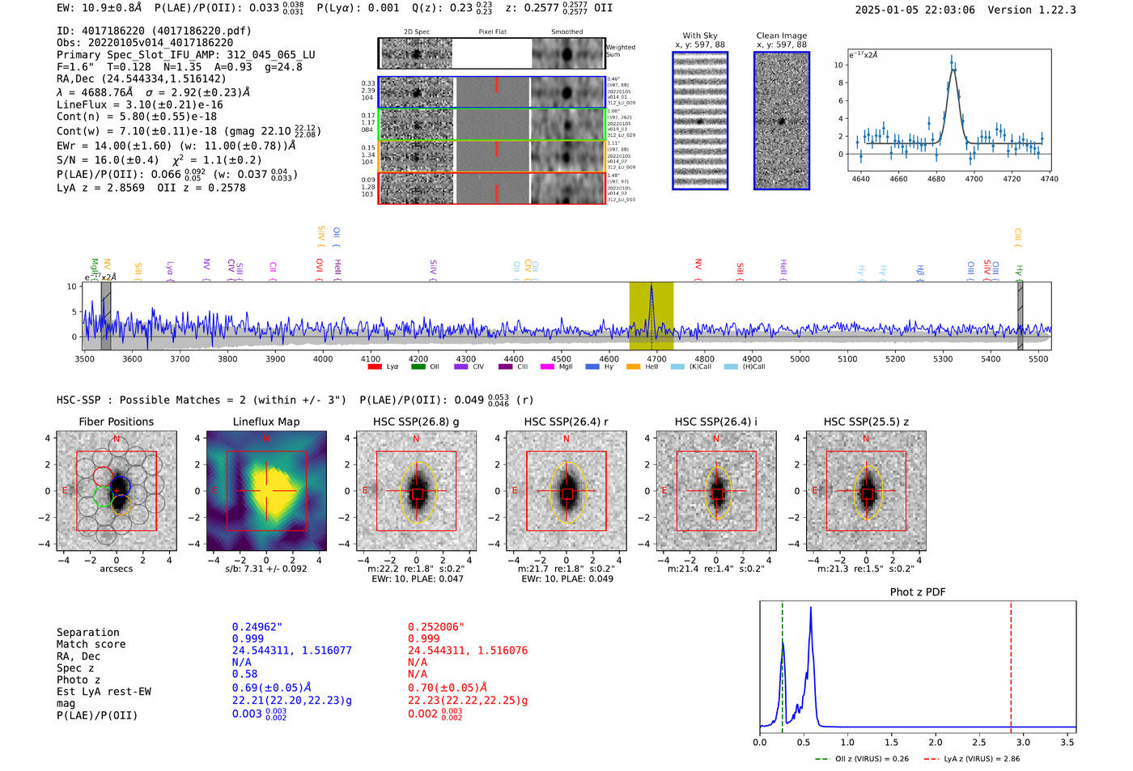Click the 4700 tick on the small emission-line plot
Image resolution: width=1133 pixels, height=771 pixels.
click(x=974, y=179)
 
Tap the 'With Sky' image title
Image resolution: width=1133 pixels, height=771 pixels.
click(x=700, y=36)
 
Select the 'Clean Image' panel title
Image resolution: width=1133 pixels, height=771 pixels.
click(x=781, y=36)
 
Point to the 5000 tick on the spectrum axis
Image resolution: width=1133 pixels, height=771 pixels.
click(x=800, y=358)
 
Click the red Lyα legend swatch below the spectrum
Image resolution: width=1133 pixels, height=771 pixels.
click(x=375, y=366)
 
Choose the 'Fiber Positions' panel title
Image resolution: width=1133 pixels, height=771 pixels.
click(x=116, y=422)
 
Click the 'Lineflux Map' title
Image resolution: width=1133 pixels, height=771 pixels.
click(x=266, y=422)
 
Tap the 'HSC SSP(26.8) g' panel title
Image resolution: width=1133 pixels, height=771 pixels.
click(x=416, y=422)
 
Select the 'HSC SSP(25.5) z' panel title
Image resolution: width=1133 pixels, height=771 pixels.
click(x=866, y=422)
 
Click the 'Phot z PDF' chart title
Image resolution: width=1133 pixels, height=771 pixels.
click(x=918, y=591)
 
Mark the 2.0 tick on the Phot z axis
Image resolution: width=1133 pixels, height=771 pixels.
click(x=936, y=742)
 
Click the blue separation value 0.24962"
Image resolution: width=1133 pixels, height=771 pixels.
click(x=257, y=627)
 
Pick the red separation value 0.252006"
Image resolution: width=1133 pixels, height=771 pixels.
click(x=436, y=627)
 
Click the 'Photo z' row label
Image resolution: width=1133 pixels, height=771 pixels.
click(x=79, y=680)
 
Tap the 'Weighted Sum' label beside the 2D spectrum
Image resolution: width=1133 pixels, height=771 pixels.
click(x=621, y=51)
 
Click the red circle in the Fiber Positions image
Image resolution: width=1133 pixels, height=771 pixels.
click(x=103, y=476)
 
